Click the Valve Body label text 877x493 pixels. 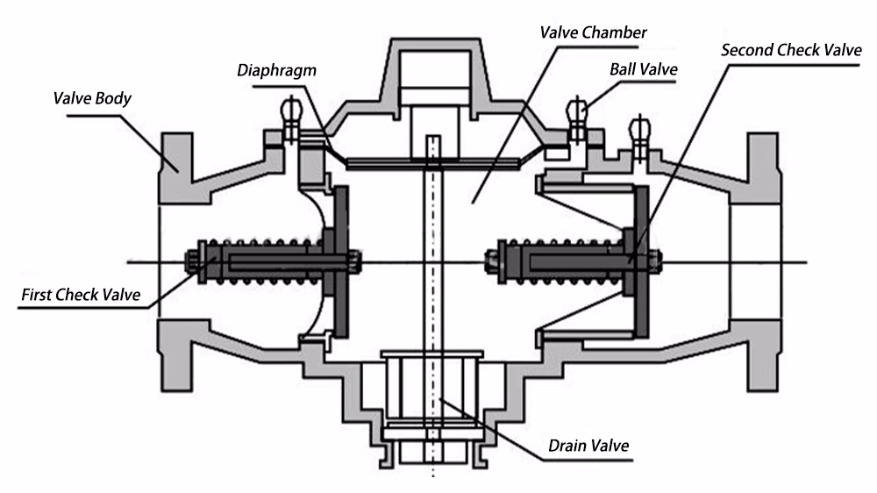(x=92, y=99)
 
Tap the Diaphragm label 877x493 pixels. (x=276, y=70)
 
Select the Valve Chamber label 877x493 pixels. (x=593, y=32)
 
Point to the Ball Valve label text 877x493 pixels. (x=643, y=69)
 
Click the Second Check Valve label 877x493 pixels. (x=791, y=50)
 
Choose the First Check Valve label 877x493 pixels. (x=81, y=295)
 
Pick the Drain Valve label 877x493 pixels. (x=588, y=446)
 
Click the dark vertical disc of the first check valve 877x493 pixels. (x=341, y=262)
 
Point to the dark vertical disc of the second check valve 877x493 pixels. (x=642, y=262)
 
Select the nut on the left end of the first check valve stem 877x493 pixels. (x=192, y=262)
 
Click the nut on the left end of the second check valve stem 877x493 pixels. (x=492, y=262)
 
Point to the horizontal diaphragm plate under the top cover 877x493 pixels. (x=433, y=163)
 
